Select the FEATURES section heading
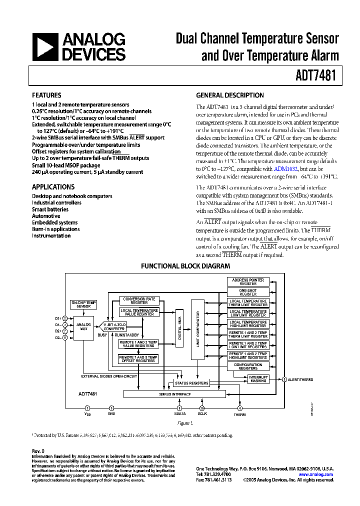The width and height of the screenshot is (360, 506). click(46, 95)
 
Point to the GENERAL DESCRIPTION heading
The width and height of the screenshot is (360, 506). click(230, 95)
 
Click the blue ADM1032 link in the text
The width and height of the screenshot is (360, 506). click(285, 169)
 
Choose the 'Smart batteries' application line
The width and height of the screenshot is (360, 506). click(50, 209)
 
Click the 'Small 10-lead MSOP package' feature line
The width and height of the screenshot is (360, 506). click(66, 165)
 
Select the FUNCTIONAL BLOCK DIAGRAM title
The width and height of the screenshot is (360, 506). click(185, 266)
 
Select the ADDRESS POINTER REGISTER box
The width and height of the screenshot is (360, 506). click(248, 281)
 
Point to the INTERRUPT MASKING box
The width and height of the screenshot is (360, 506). click(258, 379)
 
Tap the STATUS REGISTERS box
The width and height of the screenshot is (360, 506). click(191, 383)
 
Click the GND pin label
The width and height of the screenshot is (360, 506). click(111, 414)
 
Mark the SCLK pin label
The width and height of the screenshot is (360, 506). click(202, 414)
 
